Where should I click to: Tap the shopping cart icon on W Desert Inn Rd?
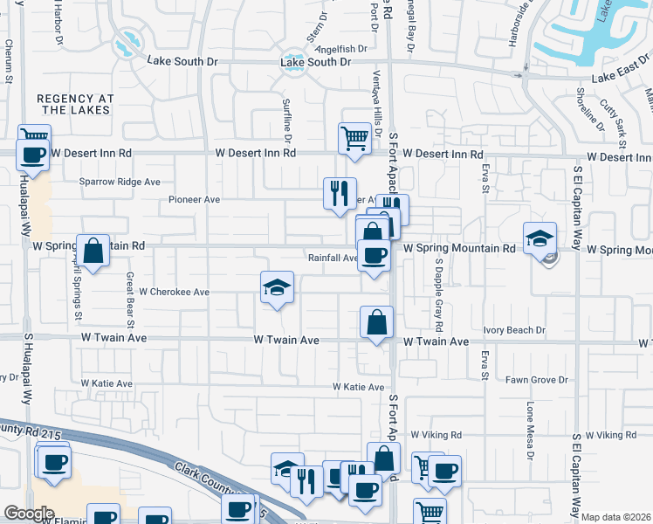click(x=354, y=139)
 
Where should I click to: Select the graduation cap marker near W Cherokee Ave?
click(x=278, y=288)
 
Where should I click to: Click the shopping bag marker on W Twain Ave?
click(x=376, y=322)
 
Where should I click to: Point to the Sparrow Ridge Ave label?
click(x=120, y=182)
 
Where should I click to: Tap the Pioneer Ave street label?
click(x=194, y=199)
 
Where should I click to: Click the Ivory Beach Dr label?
click(x=515, y=330)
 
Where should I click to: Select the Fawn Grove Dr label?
click(x=537, y=380)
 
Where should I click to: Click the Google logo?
click(x=29, y=514)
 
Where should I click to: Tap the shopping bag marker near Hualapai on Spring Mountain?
click(x=93, y=252)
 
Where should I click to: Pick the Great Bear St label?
click(x=129, y=294)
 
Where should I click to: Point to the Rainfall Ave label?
click(x=333, y=258)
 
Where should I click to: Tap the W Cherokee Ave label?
click(x=175, y=292)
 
